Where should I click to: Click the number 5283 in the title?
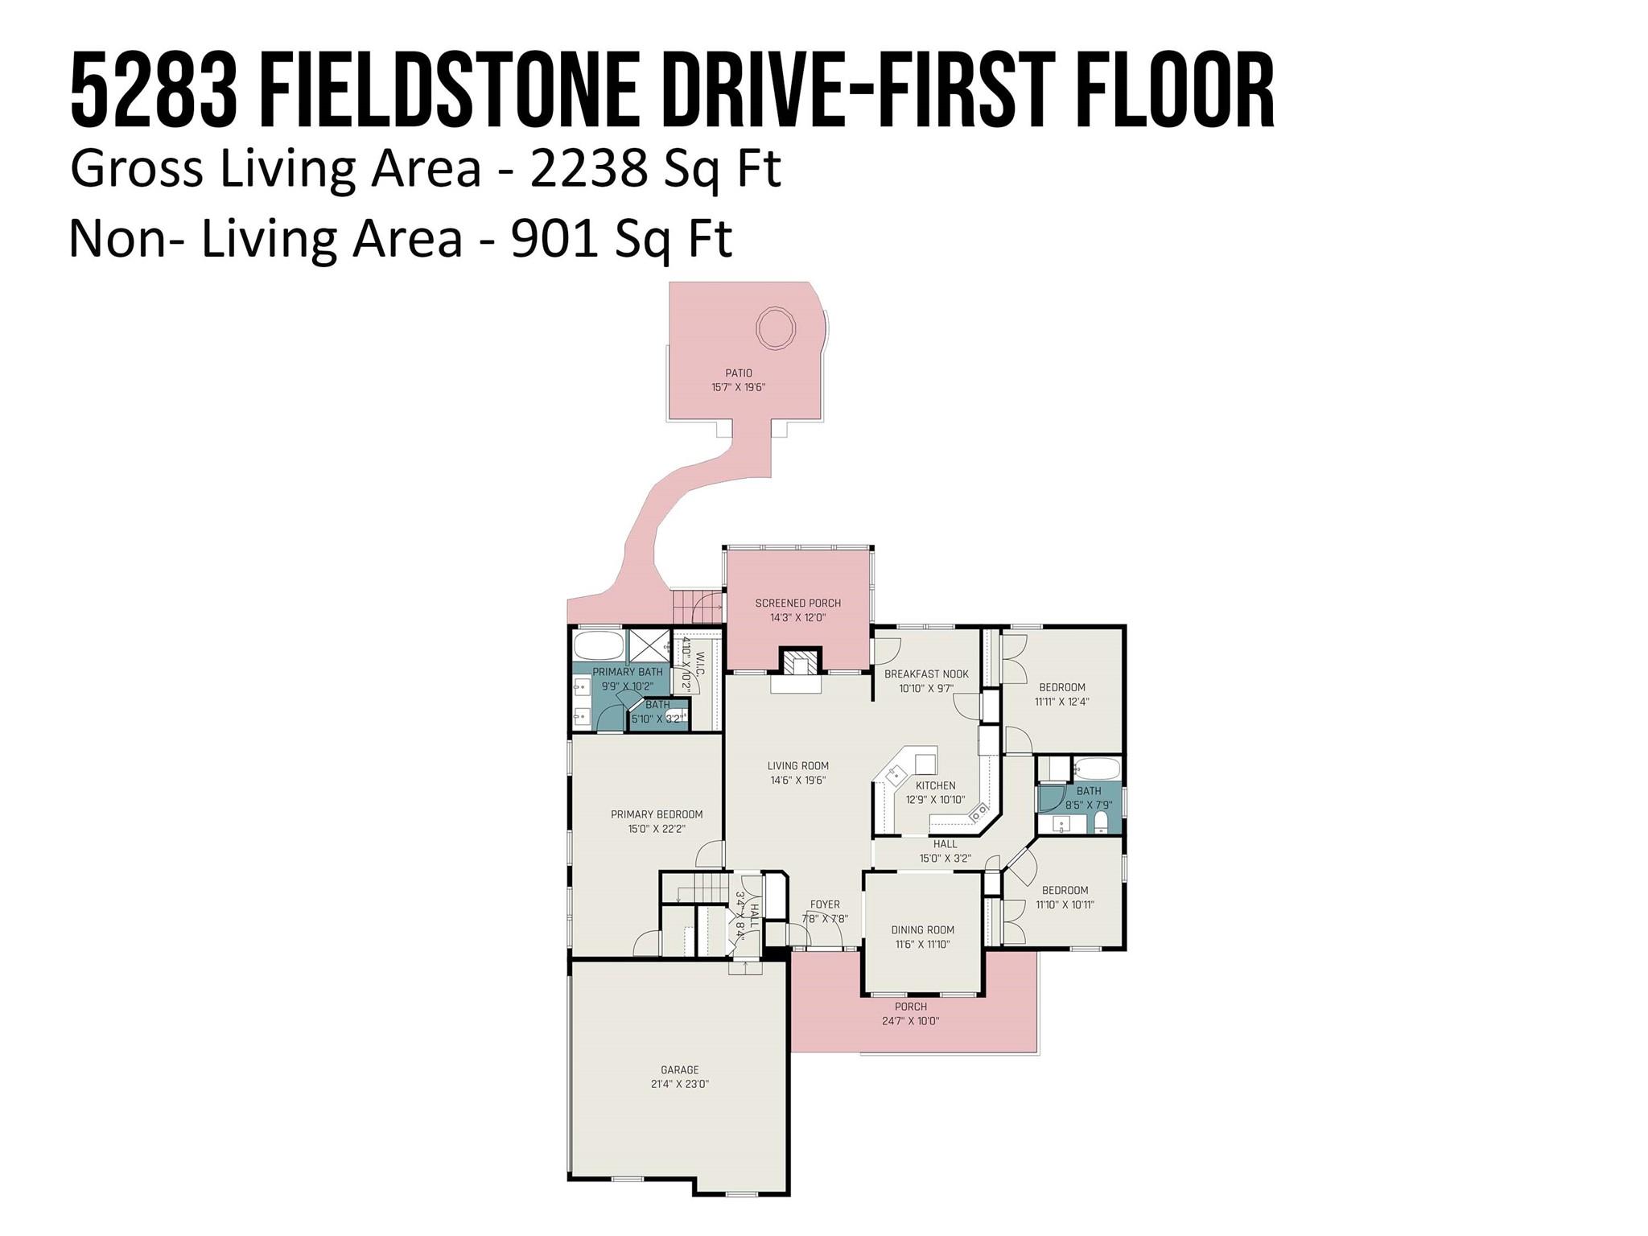click(154, 89)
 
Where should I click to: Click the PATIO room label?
click(738, 373)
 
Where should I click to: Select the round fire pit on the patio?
click(776, 328)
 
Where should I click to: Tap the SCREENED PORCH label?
click(797, 603)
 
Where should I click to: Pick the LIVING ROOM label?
click(797, 765)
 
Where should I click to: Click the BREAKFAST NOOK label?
click(926, 674)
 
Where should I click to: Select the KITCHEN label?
click(935, 785)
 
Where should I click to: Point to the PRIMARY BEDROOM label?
click(657, 814)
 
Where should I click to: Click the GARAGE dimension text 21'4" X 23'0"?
click(680, 1084)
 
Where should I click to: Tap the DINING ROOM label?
click(922, 929)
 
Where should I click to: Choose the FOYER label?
click(825, 904)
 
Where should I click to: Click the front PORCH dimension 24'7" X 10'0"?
click(911, 1021)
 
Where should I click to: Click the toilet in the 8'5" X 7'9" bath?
click(1101, 822)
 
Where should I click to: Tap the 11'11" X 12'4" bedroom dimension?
click(1062, 701)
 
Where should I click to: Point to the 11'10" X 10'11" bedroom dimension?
click(1065, 904)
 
